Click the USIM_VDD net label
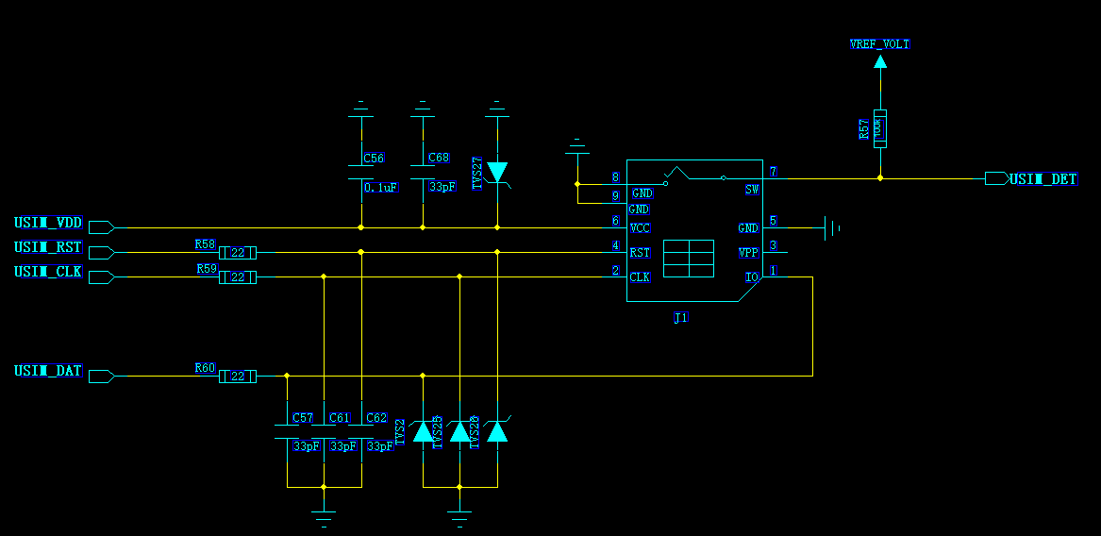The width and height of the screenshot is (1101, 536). click(48, 224)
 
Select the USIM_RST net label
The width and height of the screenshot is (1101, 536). click(48, 248)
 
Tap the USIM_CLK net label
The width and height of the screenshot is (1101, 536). click(48, 273)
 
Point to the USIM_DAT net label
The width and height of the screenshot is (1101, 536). click(48, 372)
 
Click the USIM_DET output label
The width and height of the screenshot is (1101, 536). click(1043, 179)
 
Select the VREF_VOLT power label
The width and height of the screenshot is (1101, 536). click(879, 44)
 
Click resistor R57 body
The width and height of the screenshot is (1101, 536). click(879, 128)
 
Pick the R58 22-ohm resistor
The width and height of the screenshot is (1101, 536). click(238, 253)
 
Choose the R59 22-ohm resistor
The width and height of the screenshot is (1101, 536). click(238, 277)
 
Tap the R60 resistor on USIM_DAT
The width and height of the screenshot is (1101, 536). click(238, 377)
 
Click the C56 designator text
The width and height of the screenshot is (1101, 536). click(374, 159)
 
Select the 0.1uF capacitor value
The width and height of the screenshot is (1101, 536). click(381, 187)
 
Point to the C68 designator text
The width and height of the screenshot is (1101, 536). click(439, 159)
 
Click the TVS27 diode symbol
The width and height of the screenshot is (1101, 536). click(497, 172)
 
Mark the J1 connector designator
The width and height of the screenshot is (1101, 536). click(680, 318)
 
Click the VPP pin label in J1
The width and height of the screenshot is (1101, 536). click(748, 253)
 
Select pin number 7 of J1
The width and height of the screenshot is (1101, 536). click(773, 172)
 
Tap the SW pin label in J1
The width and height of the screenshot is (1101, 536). click(752, 190)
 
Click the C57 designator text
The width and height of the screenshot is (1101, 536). click(302, 417)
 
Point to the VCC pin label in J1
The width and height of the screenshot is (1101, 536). click(640, 228)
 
